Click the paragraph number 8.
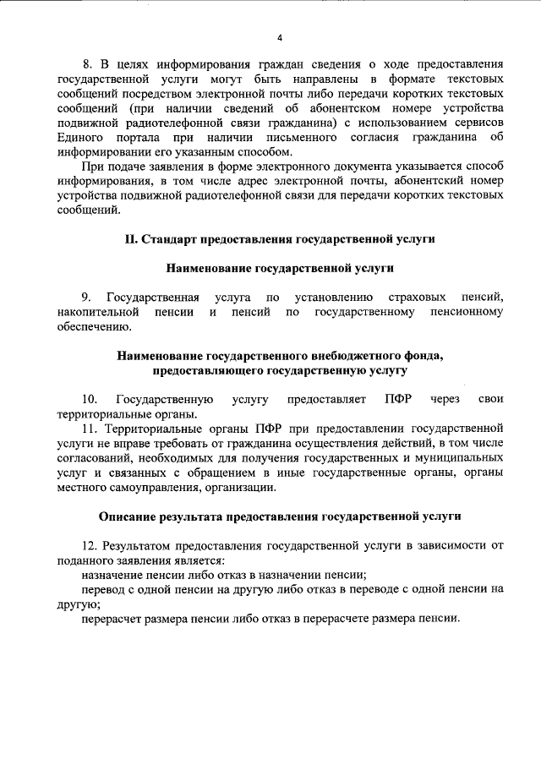coord(85,64)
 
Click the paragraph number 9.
coord(86,298)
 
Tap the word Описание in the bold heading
coord(126,516)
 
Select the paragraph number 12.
coord(89,545)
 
